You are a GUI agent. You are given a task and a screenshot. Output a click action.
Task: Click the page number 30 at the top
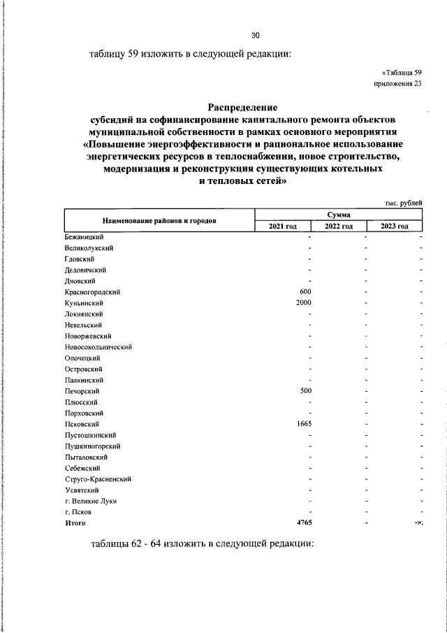pos(255,36)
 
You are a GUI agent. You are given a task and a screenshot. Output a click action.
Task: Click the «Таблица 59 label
pos(402,73)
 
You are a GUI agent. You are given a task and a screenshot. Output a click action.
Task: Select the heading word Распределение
pos(242,107)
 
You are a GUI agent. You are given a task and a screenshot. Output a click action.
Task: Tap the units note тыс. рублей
pos(403,202)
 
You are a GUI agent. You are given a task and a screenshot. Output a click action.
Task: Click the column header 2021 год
pos(283,226)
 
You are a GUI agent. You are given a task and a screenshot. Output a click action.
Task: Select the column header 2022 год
pos(339,226)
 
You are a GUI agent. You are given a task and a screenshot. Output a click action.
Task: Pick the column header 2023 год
pos(395,226)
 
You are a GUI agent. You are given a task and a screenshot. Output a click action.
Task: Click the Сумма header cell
pos(339,214)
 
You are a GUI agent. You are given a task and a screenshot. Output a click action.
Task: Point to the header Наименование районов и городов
pos(159,220)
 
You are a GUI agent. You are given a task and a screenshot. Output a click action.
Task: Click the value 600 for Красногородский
pos(305,291)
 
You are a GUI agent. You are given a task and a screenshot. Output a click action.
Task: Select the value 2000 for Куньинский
pos(303,302)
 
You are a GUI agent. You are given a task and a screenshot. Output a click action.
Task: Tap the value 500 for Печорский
pos(305,390)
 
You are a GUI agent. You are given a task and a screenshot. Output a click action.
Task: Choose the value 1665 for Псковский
pos(303,424)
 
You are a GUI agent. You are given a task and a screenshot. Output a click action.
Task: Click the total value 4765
pos(302,522)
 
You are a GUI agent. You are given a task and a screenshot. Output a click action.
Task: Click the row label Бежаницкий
pos(84,236)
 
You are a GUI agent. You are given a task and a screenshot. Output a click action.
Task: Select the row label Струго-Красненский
pos(98,478)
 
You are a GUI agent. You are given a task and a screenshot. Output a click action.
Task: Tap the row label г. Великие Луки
pos(91,501)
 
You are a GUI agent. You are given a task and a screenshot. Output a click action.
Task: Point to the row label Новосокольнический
pos(98,346)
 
